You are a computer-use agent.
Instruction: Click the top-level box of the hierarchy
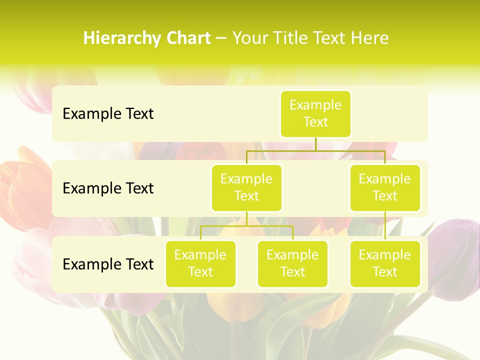click(x=315, y=114)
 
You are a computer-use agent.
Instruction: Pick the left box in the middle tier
click(x=246, y=187)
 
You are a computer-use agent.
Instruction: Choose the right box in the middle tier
click(x=385, y=187)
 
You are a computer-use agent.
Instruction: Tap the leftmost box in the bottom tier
click(x=200, y=263)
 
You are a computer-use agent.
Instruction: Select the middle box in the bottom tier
click(x=292, y=263)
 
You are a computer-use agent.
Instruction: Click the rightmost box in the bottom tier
click(x=385, y=263)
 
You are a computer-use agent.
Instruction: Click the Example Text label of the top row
click(x=108, y=114)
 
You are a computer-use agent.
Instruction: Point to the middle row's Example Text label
click(x=108, y=188)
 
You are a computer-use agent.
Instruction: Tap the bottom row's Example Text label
click(x=108, y=264)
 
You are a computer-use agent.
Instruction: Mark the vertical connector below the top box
click(x=315, y=144)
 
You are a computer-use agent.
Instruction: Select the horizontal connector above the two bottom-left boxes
click(x=246, y=226)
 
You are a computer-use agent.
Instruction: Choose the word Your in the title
click(x=250, y=38)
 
